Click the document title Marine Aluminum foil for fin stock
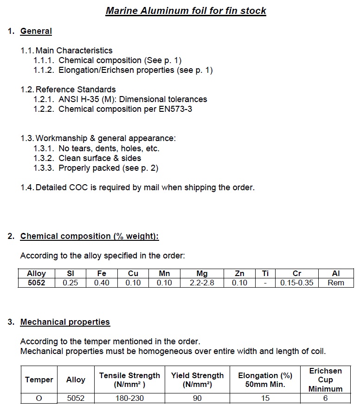tap(186, 10)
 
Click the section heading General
tap(36, 31)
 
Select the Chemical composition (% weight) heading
tap(90, 236)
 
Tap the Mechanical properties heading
tap(65, 322)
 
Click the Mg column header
tap(202, 274)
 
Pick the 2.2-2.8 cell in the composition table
tap(202, 283)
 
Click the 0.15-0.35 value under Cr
tap(297, 283)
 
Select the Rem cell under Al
tap(336, 283)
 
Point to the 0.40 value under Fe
tap(102, 283)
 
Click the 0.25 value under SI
tap(71, 283)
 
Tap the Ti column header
tap(265, 274)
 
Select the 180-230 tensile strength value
tap(129, 398)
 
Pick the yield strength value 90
tap(197, 398)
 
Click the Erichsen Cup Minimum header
tap(325, 380)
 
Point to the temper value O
tap(39, 398)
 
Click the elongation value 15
tap(265, 398)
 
